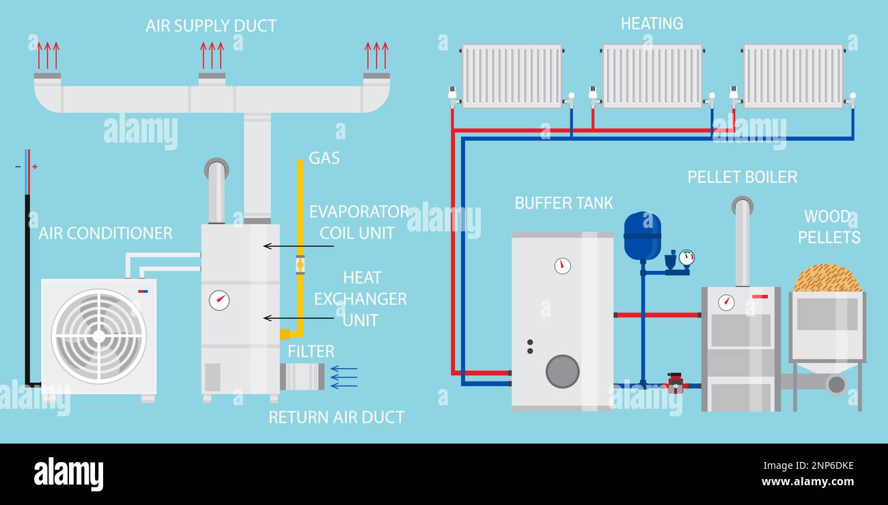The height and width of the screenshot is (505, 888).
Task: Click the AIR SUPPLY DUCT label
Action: click(x=211, y=26)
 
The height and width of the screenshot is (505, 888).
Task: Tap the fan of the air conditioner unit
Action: click(x=99, y=336)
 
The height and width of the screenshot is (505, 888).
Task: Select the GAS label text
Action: click(x=324, y=158)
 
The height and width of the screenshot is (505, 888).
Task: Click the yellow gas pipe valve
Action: click(x=300, y=264)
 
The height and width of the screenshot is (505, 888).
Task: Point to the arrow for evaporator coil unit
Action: click(x=298, y=246)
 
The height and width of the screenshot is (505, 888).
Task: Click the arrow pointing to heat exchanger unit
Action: click(x=298, y=318)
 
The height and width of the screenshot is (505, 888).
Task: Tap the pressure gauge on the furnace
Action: click(x=219, y=300)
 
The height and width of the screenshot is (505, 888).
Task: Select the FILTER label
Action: click(x=311, y=351)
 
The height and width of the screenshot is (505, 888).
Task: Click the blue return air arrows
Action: click(x=344, y=377)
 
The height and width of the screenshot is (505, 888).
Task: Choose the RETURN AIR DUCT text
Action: click(x=336, y=417)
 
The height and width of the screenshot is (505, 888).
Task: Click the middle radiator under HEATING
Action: click(x=652, y=76)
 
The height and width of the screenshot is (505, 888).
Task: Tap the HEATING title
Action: click(x=652, y=24)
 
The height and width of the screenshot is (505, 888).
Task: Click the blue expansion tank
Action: click(x=642, y=236)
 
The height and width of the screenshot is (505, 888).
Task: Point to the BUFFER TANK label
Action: click(x=564, y=203)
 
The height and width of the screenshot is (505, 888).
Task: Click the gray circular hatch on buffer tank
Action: click(x=562, y=371)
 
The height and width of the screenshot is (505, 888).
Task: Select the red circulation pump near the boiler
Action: click(x=676, y=384)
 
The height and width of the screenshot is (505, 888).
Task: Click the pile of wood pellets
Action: click(x=827, y=279)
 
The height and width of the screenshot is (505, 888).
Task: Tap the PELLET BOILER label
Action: click(x=742, y=177)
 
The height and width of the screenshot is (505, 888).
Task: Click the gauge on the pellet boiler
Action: click(x=726, y=302)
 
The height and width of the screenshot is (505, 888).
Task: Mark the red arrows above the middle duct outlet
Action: click(x=212, y=55)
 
